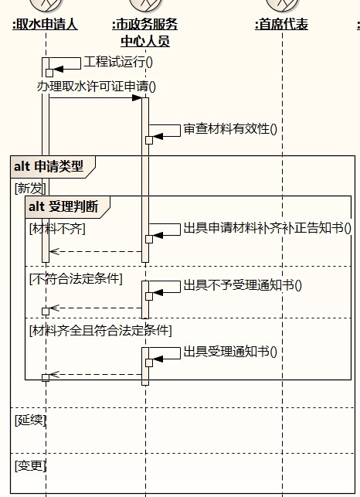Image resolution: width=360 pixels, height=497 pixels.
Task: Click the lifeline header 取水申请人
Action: tap(46, 25)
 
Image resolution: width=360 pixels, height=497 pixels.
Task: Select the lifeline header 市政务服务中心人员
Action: tap(145, 32)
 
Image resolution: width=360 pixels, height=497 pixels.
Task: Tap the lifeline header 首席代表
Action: tap(282, 25)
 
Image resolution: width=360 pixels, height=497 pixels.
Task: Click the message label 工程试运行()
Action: tap(118, 62)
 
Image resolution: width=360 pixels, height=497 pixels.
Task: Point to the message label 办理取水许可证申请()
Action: tap(97, 87)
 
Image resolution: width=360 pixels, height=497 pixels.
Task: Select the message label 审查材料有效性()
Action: tap(230, 129)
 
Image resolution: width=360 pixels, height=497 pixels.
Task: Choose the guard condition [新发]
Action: tap(30, 189)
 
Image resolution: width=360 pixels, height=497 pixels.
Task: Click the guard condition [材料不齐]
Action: tap(57, 229)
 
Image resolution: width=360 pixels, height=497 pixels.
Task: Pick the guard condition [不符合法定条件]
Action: tap(76, 279)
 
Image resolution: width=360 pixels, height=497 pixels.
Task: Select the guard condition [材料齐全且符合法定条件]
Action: tap(100, 331)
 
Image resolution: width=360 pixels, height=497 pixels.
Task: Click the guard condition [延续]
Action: tap(30, 420)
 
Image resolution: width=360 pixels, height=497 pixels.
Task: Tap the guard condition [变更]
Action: tap(30, 465)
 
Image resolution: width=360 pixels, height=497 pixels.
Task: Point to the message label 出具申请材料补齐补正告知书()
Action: tap(267, 228)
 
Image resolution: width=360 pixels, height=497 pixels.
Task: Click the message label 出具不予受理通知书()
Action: tap(243, 285)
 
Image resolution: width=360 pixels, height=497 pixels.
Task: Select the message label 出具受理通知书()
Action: tap(230, 352)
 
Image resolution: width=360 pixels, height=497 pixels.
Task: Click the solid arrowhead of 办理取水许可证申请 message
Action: tap(137, 98)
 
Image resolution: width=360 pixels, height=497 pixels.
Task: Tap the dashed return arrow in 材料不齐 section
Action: tap(96, 252)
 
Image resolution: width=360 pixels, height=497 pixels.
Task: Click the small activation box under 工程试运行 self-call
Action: tap(49, 73)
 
